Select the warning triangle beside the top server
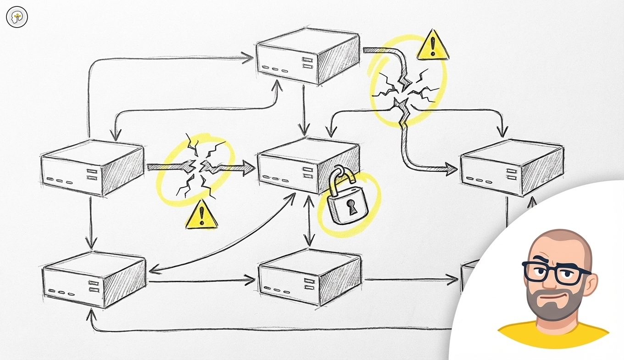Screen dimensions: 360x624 tap(432, 45)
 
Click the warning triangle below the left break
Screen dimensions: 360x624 tap(201, 215)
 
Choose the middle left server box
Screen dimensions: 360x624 tap(92, 168)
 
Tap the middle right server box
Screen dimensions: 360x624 tap(512, 168)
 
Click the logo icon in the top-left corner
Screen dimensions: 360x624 tap(17, 17)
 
